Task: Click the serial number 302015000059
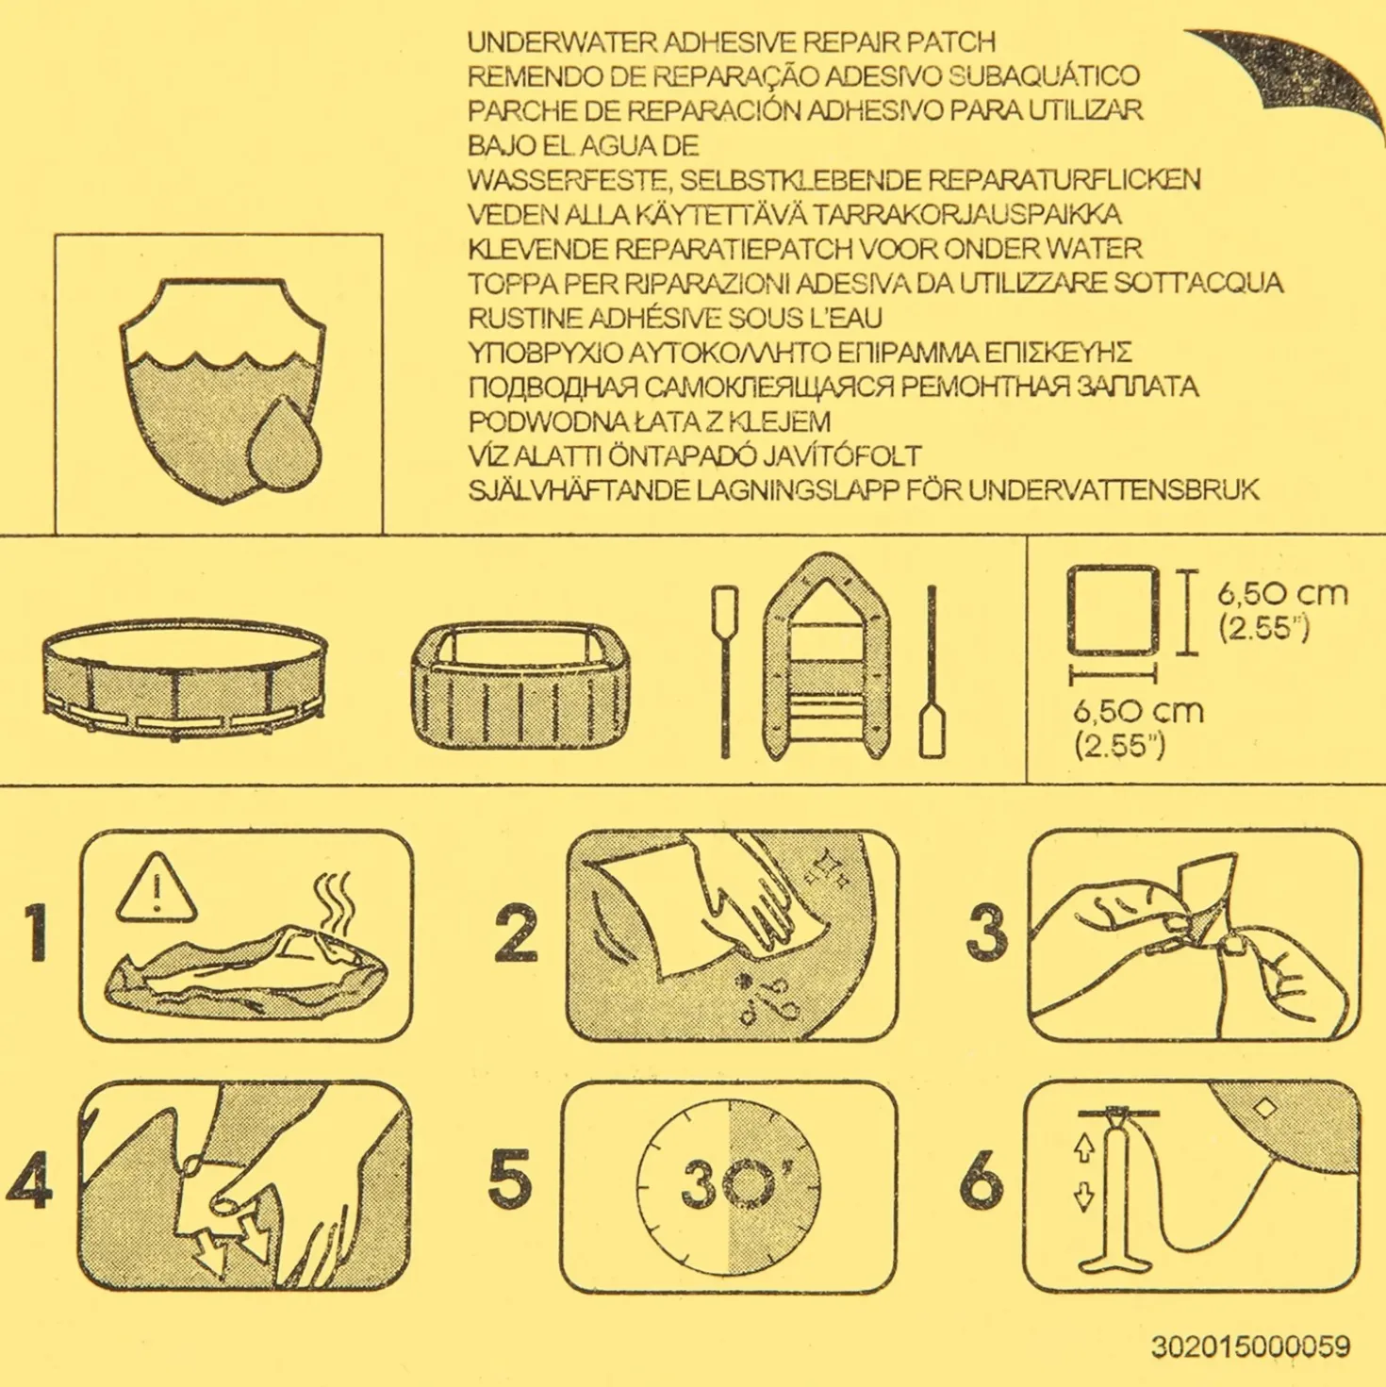click(1250, 1346)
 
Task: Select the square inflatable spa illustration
click(522, 685)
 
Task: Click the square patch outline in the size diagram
click(1114, 611)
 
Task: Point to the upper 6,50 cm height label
click(1282, 594)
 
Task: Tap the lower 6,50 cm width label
click(1138, 711)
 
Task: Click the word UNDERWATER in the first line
click(561, 41)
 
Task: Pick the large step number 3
click(985, 933)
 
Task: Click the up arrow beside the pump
click(1083, 1148)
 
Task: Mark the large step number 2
click(517, 933)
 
